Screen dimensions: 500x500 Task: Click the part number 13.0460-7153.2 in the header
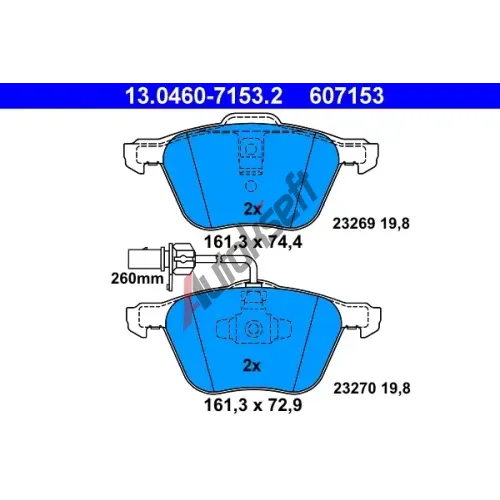pos(204,96)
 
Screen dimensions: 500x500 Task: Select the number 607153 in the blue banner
pos(347,96)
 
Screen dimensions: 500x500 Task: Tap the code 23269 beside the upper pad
pos(354,223)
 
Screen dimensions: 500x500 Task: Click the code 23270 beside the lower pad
pos(355,388)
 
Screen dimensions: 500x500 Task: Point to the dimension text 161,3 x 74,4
pos(253,242)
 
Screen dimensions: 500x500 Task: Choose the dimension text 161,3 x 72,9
pos(253,405)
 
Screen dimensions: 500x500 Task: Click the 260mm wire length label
pos(137,278)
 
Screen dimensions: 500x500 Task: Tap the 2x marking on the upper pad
pos(252,209)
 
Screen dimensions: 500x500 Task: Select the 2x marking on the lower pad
pos(252,366)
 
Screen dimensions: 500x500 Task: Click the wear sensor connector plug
pos(145,258)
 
